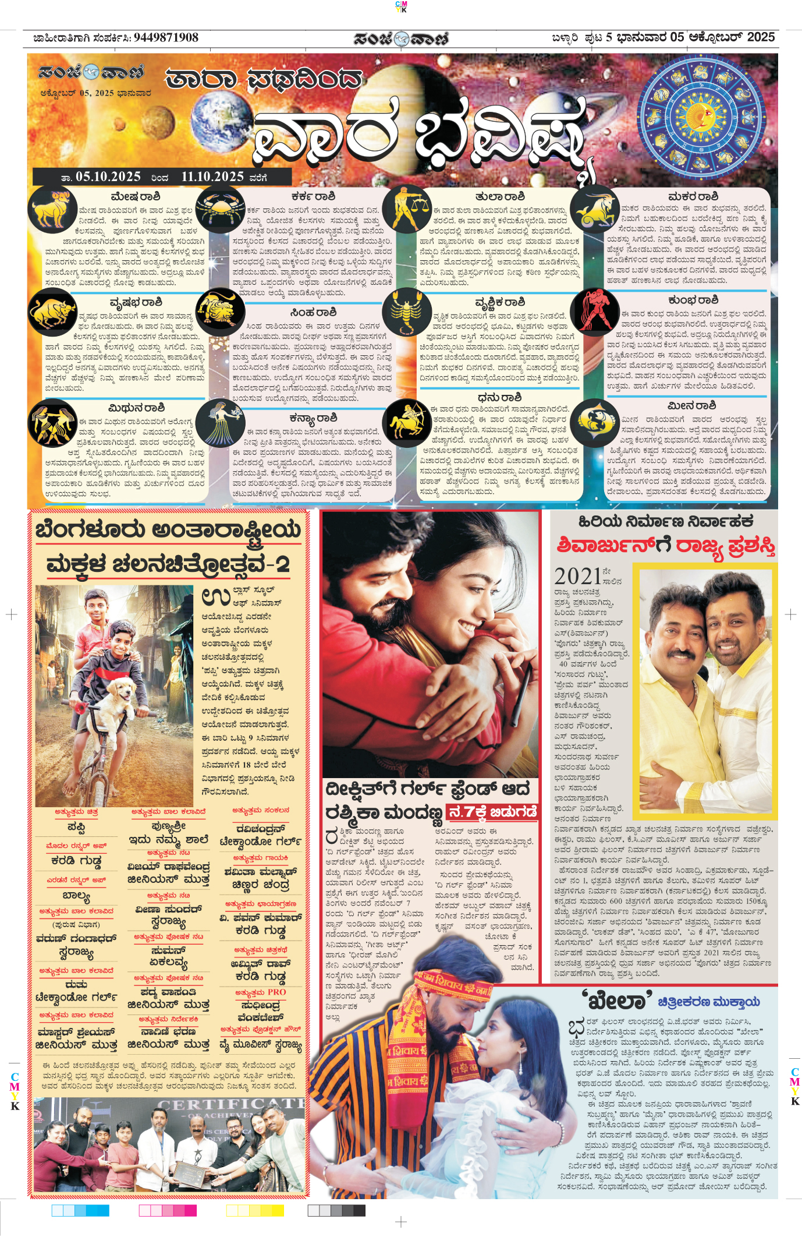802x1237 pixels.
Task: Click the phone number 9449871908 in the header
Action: click(166, 38)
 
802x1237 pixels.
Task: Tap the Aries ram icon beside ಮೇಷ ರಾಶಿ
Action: click(52, 208)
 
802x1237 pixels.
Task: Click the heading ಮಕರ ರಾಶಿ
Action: click(693, 197)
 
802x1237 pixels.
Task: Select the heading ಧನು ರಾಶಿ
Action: click(499, 398)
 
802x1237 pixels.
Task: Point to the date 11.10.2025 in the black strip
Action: click(212, 176)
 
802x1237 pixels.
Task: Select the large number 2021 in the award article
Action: click(578, 576)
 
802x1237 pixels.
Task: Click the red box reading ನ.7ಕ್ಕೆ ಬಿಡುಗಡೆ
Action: click(492, 812)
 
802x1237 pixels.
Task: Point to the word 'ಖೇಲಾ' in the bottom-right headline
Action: click(617, 1001)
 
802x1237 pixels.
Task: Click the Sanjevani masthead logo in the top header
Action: click(401, 38)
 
